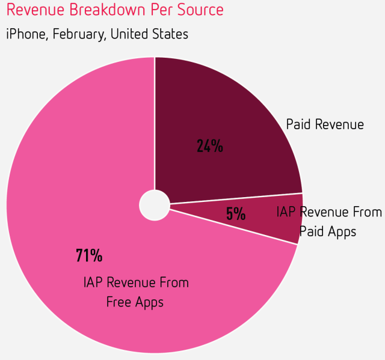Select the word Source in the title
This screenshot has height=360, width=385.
point(198,10)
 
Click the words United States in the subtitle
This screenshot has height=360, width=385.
point(149,34)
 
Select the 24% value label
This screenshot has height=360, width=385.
point(210,145)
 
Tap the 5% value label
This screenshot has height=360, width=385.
point(235,213)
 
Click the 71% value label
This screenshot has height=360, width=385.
point(89,255)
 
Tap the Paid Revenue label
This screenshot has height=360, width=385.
point(325,124)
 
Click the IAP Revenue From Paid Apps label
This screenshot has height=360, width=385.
point(328,221)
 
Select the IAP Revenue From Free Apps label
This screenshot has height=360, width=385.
point(135,292)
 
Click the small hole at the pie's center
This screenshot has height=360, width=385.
point(155,206)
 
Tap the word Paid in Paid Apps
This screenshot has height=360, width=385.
point(313,231)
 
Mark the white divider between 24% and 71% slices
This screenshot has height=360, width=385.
point(155,120)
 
